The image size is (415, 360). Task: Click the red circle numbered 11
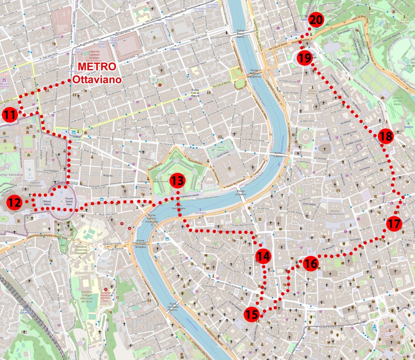(x=10, y=115)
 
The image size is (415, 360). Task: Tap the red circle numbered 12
(x=15, y=203)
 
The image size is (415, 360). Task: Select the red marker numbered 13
(x=177, y=180)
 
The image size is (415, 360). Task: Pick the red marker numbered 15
(x=252, y=314)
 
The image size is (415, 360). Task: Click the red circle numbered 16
(x=311, y=264)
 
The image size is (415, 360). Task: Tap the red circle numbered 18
(x=386, y=136)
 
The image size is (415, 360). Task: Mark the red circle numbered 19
(x=304, y=58)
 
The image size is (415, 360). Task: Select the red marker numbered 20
(x=316, y=20)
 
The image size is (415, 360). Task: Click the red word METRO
(x=97, y=66)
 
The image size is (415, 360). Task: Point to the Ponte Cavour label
(x=278, y=155)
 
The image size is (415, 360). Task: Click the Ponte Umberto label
(x=241, y=193)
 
